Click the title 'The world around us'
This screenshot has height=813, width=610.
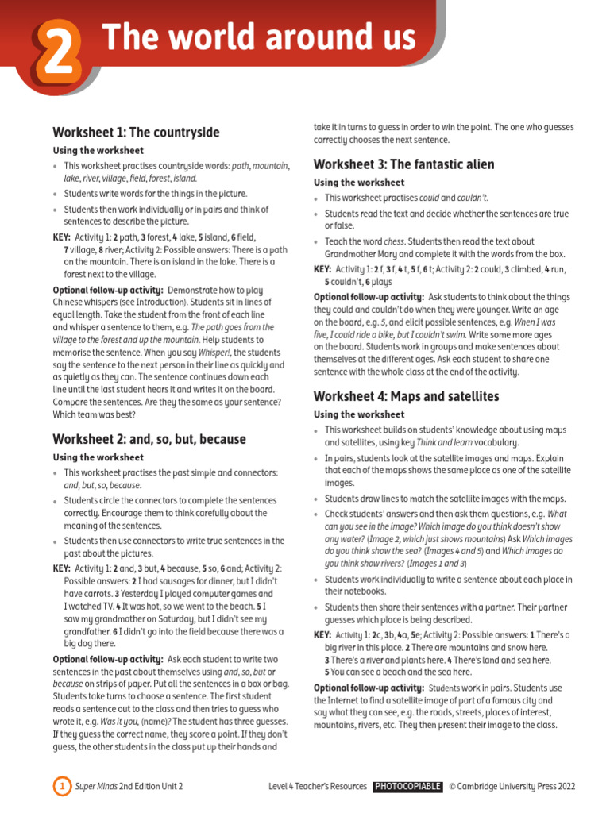(x=259, y=38)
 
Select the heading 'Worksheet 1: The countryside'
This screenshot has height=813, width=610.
(x=136, y=133)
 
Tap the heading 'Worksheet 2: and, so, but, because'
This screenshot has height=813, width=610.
(x=149, y=439)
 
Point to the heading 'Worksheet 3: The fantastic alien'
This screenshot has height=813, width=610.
(x=403, y=164)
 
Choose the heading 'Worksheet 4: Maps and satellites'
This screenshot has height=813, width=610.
(x=406, y=396)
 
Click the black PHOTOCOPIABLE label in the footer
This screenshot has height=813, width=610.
(x=407, y=787)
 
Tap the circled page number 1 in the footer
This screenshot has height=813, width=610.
(x=61, y=787)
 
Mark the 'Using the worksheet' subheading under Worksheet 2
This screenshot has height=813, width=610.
(x=98, y=457)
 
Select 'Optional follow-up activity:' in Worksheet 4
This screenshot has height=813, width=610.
(x=368, y=688)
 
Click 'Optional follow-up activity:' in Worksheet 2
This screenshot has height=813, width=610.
(x=107, y=660)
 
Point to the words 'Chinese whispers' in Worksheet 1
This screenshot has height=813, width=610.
(x=87, y=302)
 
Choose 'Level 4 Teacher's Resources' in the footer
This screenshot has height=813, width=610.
(x=318, y=787)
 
